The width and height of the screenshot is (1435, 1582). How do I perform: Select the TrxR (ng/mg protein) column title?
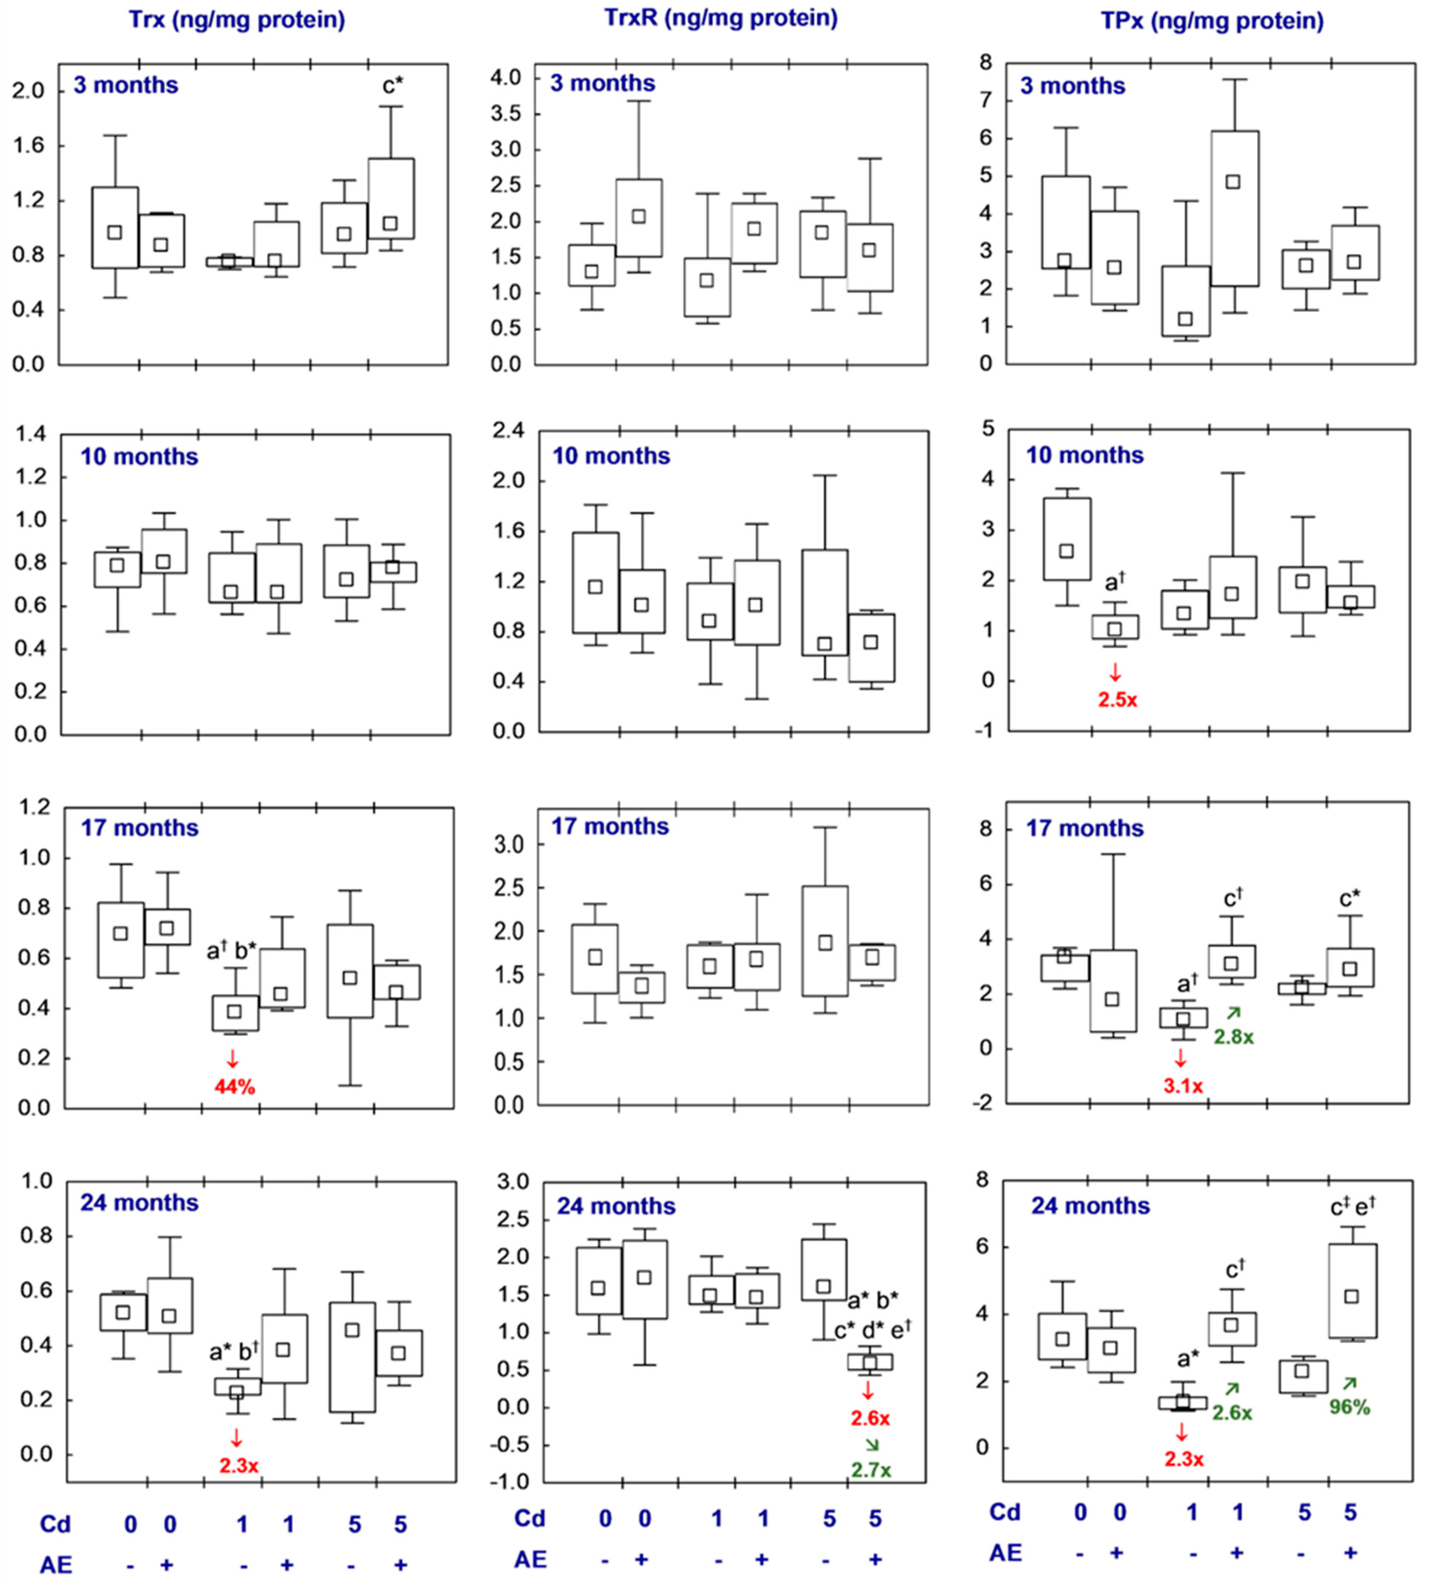click(x=720, y=17)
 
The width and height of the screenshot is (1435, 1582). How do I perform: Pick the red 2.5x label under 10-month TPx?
click(x=1117, y=699)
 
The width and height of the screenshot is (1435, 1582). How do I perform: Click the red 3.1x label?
click(x=1182, y=1086)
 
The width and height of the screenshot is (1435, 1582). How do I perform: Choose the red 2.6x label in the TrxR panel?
click(x=870, y=1418)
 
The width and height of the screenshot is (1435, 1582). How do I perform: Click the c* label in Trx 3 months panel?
click(x=393, y=86)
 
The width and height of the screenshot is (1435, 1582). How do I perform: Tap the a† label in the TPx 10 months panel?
click(x=1114, y=582)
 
